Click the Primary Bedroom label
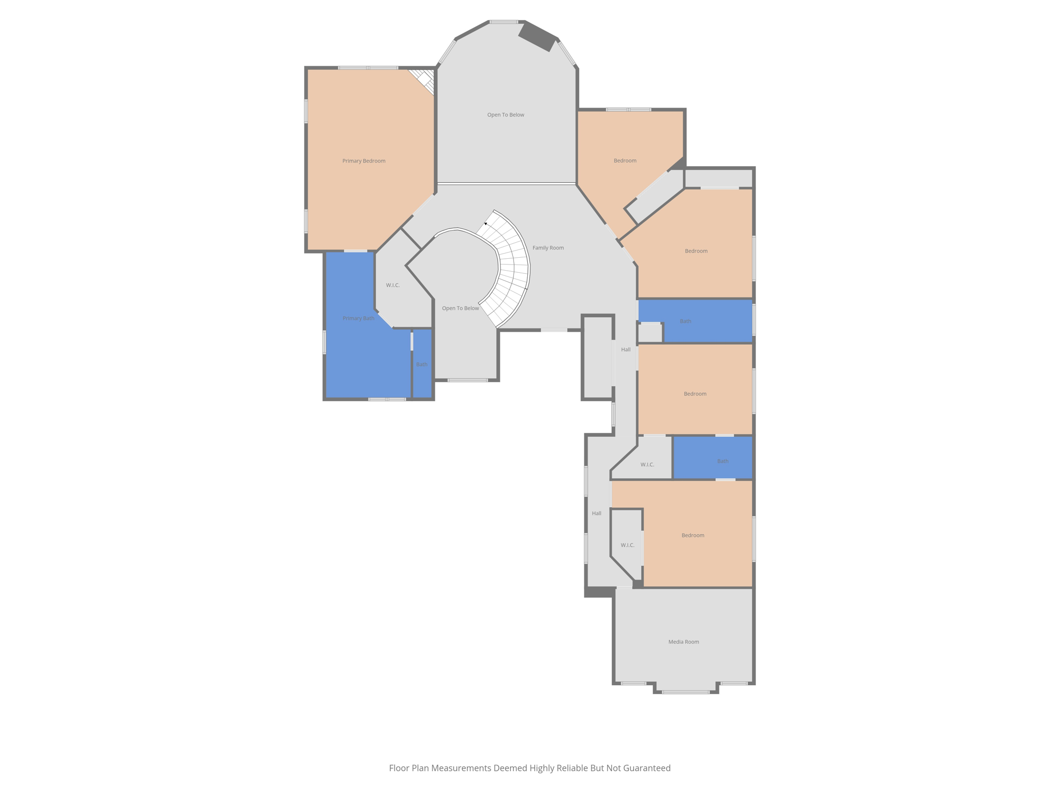click(x=363, y=161)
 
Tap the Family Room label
click(x=548, y=248)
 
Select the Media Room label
click(x=683, y=642)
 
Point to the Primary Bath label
click(x=358, y=318)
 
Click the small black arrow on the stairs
click(x=485, y=224)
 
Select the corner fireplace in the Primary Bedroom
click(x=425, y=81)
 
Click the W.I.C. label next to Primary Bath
click(x=393, y=285)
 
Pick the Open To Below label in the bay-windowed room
click(x=505, y=115)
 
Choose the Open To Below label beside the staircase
click(x=460, y=308)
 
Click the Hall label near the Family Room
click(x=626, y=350)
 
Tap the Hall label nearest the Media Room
click(x=596, y=513)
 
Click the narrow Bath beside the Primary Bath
click(x=422, y=364)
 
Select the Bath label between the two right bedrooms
click(x=685, y=321)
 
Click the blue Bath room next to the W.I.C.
click(x=723, y=461)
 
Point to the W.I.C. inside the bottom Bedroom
click(x=627, y=545)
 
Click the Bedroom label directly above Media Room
click(x=693, y=535)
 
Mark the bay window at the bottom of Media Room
click(x=685, y=691)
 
